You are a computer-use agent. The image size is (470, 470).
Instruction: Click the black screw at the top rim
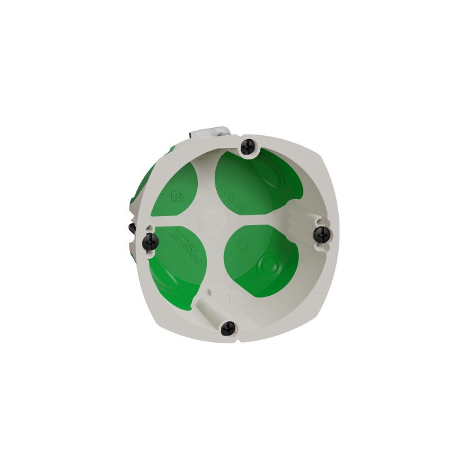248,147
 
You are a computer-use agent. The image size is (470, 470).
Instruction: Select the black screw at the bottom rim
228,328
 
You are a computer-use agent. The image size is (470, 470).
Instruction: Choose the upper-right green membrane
251,183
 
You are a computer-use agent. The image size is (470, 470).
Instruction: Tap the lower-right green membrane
258,261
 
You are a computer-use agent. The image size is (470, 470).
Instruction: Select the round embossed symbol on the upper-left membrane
175,195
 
